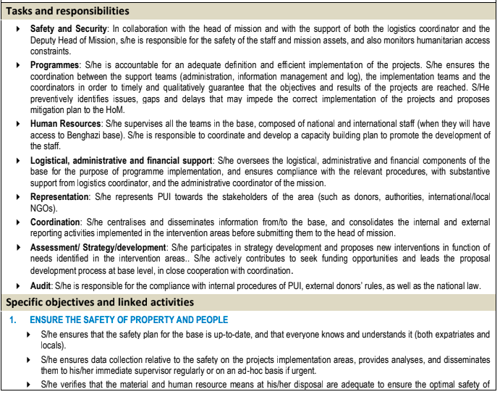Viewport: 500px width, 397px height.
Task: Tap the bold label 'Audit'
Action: [42, 285]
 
